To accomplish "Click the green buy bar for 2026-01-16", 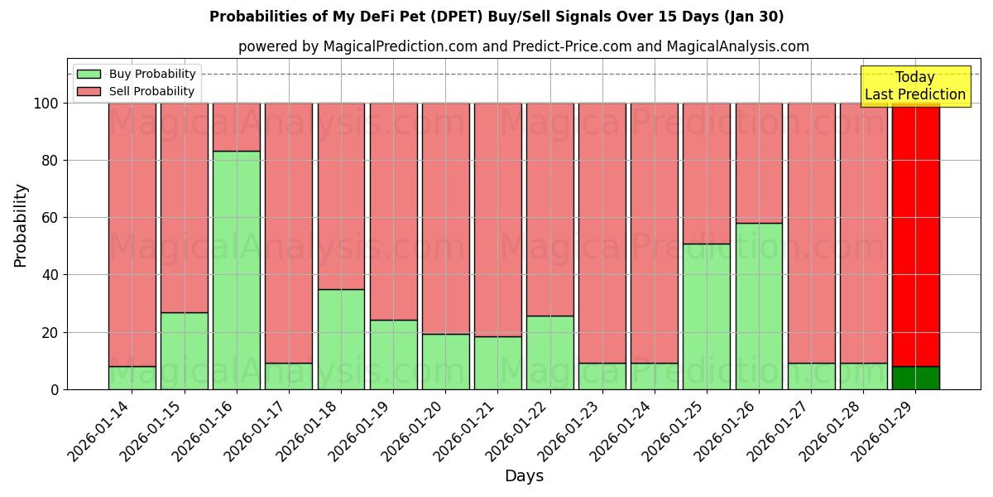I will [236, 270].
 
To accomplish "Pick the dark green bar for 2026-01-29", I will [915, 378].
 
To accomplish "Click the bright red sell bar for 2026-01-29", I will [915, 234].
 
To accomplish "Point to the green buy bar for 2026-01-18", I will [341, 339].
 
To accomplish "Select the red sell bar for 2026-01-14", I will [132, 234].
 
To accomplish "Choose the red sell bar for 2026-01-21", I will [497, 220].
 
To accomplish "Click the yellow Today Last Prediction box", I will [915, 86].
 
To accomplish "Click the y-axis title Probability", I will [21, 225].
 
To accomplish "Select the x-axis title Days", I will [524, 476].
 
